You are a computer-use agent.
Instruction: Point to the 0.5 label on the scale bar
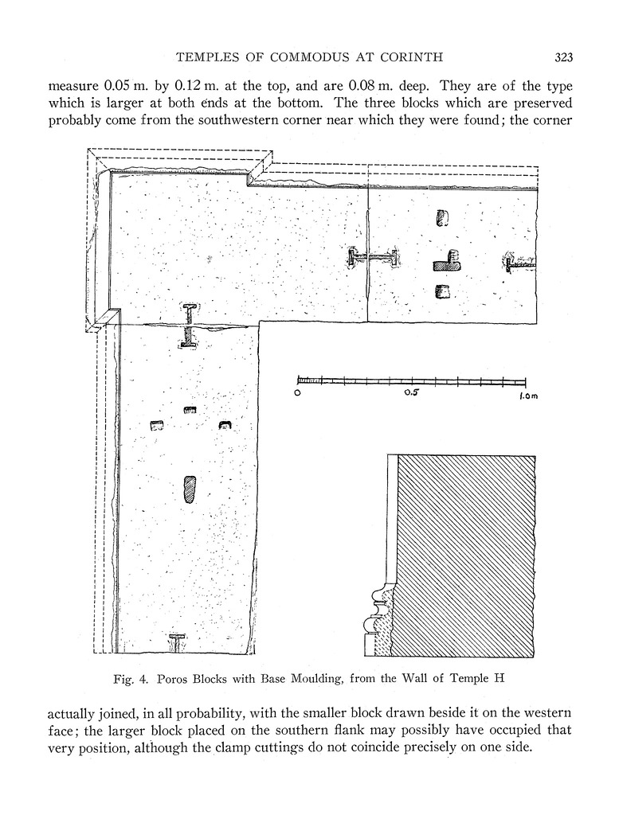click(410, 392)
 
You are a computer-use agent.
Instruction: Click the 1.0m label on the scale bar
click(528, 395)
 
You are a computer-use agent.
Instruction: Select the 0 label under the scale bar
click(297, 392)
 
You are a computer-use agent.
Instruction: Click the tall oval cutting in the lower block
click(189, 489)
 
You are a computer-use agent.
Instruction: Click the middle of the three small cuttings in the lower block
click(190, 411)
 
